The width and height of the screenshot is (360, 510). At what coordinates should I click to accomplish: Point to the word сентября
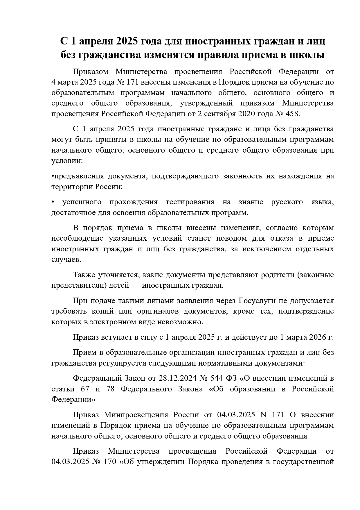218,114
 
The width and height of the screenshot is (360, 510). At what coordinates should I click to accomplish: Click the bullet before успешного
53,202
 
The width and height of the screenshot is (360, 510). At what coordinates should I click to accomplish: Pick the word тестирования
190,202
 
